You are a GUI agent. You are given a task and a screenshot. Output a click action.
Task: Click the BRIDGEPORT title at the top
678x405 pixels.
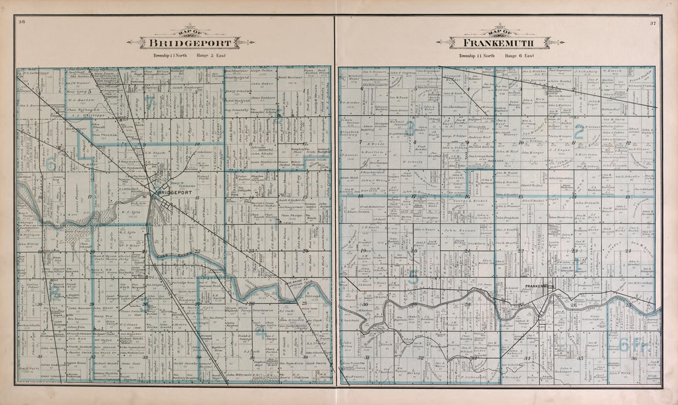coord(190,43)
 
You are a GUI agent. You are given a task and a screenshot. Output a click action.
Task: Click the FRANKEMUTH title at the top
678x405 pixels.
coord(500,43)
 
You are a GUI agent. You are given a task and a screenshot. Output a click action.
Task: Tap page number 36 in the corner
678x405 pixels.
coord(22,23)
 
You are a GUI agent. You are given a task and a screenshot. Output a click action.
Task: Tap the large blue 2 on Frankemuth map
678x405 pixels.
coord(579,130)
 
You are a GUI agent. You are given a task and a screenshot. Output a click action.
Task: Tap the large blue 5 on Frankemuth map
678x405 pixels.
coord(414,278)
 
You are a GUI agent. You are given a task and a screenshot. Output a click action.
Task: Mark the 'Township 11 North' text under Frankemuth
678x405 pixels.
coord(477,55)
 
